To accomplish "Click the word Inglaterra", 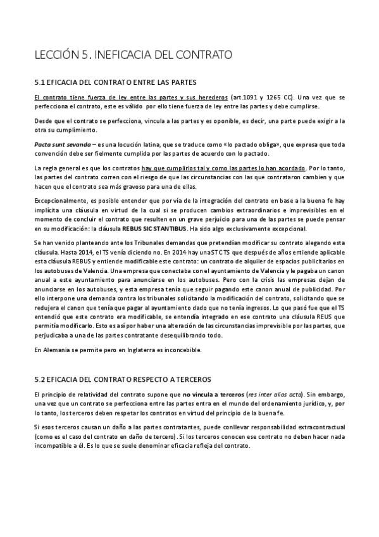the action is tap(142, 350).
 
